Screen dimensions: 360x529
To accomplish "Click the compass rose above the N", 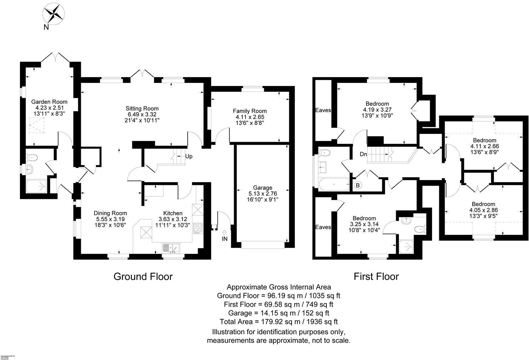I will point(53,13).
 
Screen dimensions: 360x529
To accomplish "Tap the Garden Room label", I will point(49,102).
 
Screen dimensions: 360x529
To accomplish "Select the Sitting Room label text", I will point(142,109).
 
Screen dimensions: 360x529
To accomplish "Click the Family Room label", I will point(250,111).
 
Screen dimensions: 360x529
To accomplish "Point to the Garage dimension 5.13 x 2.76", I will point(263,194).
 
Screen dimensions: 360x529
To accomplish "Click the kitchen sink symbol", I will point(172,247).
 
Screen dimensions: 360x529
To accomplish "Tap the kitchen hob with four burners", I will point(198,228).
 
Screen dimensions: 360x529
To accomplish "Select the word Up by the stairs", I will point(189,156).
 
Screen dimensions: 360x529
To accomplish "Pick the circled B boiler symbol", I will point(357,186).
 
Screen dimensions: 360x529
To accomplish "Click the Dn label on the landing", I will point(363,154).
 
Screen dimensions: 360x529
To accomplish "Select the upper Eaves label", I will point(323,110).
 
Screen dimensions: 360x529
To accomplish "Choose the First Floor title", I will point(376,276).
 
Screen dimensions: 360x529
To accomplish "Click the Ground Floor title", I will point(143,276).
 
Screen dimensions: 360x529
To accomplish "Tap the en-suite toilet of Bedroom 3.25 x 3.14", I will point(419,229).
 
